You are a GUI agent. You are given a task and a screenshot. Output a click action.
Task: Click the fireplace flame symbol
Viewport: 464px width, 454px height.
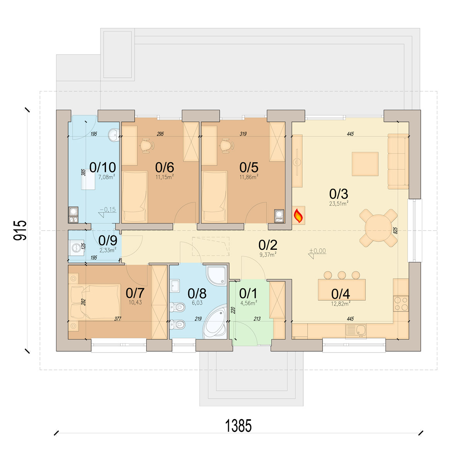coord(299,215)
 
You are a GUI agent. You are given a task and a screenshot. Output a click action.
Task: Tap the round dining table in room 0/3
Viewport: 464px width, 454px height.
coord(379,228)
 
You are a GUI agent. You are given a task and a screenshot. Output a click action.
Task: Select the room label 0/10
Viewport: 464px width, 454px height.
coord(102,167)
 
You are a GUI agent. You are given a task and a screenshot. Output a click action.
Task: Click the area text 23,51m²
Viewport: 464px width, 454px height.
coord(339,204)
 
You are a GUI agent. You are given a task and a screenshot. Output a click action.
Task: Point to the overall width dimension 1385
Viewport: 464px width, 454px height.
coord(238,425)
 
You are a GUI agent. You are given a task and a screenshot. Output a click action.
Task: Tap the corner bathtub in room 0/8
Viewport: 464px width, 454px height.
coord(214,322)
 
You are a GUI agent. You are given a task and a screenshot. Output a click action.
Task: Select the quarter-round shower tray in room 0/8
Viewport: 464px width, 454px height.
coord(216,275)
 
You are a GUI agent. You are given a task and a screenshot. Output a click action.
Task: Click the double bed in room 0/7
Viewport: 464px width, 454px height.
coord(94,301)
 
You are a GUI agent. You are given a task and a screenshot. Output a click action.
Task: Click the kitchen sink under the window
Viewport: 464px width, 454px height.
coord(355,331)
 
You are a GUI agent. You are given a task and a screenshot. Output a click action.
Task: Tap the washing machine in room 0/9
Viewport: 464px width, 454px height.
coord(76,248)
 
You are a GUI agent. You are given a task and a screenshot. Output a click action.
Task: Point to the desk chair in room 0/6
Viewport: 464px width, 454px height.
coord(147,146)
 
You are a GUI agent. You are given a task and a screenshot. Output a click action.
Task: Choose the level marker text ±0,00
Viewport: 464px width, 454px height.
coord(317,251)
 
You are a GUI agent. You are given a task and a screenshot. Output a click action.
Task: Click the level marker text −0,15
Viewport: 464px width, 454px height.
coord(107,210)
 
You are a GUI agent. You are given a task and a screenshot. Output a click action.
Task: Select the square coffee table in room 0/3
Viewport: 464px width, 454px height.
coord(365,164)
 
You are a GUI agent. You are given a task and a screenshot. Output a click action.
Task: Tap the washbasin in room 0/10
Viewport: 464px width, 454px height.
coord(114,135)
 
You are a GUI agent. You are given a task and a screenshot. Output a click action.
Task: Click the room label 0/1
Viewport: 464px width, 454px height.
coord(248,293)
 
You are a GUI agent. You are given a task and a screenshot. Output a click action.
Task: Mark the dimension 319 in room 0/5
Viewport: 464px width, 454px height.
coord(243,134)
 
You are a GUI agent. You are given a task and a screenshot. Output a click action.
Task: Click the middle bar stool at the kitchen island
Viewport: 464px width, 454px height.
coord(342,275)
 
